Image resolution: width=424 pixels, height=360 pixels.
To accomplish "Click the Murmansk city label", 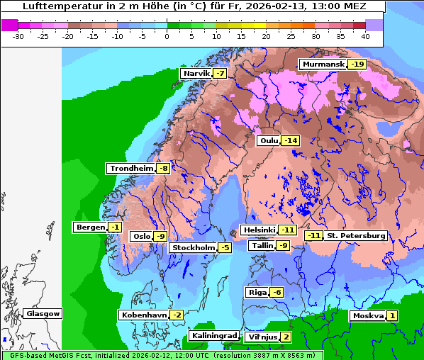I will coord(323,64).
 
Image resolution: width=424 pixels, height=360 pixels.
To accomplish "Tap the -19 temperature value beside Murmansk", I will coord(357,64).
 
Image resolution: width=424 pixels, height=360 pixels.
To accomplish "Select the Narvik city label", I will coord(196,74).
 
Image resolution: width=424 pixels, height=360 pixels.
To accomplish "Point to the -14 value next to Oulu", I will coord(291,141).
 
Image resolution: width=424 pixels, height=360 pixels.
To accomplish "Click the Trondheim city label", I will coord(131,169).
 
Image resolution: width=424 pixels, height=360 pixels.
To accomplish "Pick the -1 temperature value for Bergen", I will coord(115,227).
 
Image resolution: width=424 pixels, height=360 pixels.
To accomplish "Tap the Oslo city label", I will coord(141,237).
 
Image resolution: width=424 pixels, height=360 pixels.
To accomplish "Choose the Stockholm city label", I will coord(193,247).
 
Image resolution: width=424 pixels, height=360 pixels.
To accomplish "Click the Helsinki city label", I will coord(259,230).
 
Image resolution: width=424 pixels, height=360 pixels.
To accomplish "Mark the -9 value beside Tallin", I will coord(283,246).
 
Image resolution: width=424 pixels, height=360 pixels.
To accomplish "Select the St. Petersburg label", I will coord(356,236).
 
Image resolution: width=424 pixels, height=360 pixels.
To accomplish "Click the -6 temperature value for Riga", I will coord(277,293).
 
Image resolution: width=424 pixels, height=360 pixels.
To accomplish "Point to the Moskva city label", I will coord(368,316).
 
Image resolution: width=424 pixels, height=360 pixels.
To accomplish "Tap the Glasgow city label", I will coord(43,314).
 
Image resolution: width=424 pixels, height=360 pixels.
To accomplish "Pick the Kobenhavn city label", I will coord(143,315).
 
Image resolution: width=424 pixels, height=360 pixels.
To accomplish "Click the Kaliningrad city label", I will coord(214,336).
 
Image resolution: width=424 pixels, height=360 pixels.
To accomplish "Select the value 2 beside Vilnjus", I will coord(286,337).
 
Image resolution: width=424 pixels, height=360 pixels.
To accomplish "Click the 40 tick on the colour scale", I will coord(365,35).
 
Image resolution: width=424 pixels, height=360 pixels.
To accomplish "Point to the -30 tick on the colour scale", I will coord(18,35).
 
